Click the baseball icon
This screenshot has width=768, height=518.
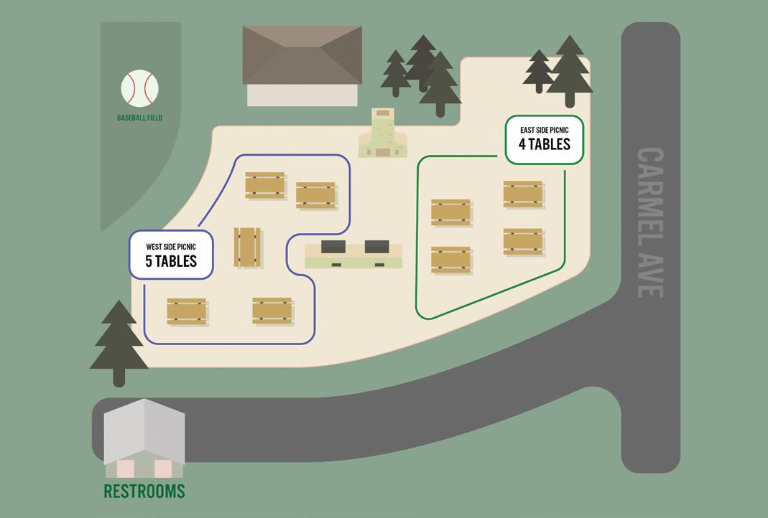coord(139,88)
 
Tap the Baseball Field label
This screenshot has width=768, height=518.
coord(139,118)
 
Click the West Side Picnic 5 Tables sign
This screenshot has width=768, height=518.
coord(171,255)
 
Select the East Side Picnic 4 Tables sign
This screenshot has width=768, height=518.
coord(545,139)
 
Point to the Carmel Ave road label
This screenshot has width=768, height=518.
coord(649,222)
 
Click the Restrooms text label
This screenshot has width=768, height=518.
coord(144,491)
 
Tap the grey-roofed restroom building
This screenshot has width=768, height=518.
coord(144,438)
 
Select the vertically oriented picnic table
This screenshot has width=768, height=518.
coord(247,248)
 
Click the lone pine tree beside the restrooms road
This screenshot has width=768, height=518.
coord(119,341)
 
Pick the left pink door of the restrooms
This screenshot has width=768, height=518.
coord(126,468)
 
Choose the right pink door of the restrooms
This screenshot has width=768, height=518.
coord(163,468)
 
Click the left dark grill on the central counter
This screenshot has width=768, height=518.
coord(333,247)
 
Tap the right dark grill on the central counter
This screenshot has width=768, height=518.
coord(376,247)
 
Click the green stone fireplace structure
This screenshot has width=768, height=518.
coord(383,134)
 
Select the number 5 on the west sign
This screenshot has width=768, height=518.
coord(149,261)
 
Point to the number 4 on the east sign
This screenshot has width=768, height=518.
coord(522,144)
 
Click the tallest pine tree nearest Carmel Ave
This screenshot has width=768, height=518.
coord(570,72)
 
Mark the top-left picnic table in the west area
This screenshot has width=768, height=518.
coord(265,184)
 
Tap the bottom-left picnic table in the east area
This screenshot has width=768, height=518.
coord(451,260)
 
